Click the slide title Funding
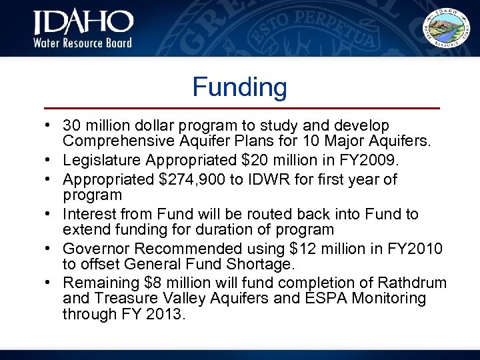[239, 87]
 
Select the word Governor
[93, 249]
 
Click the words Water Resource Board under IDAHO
[83, 43]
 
